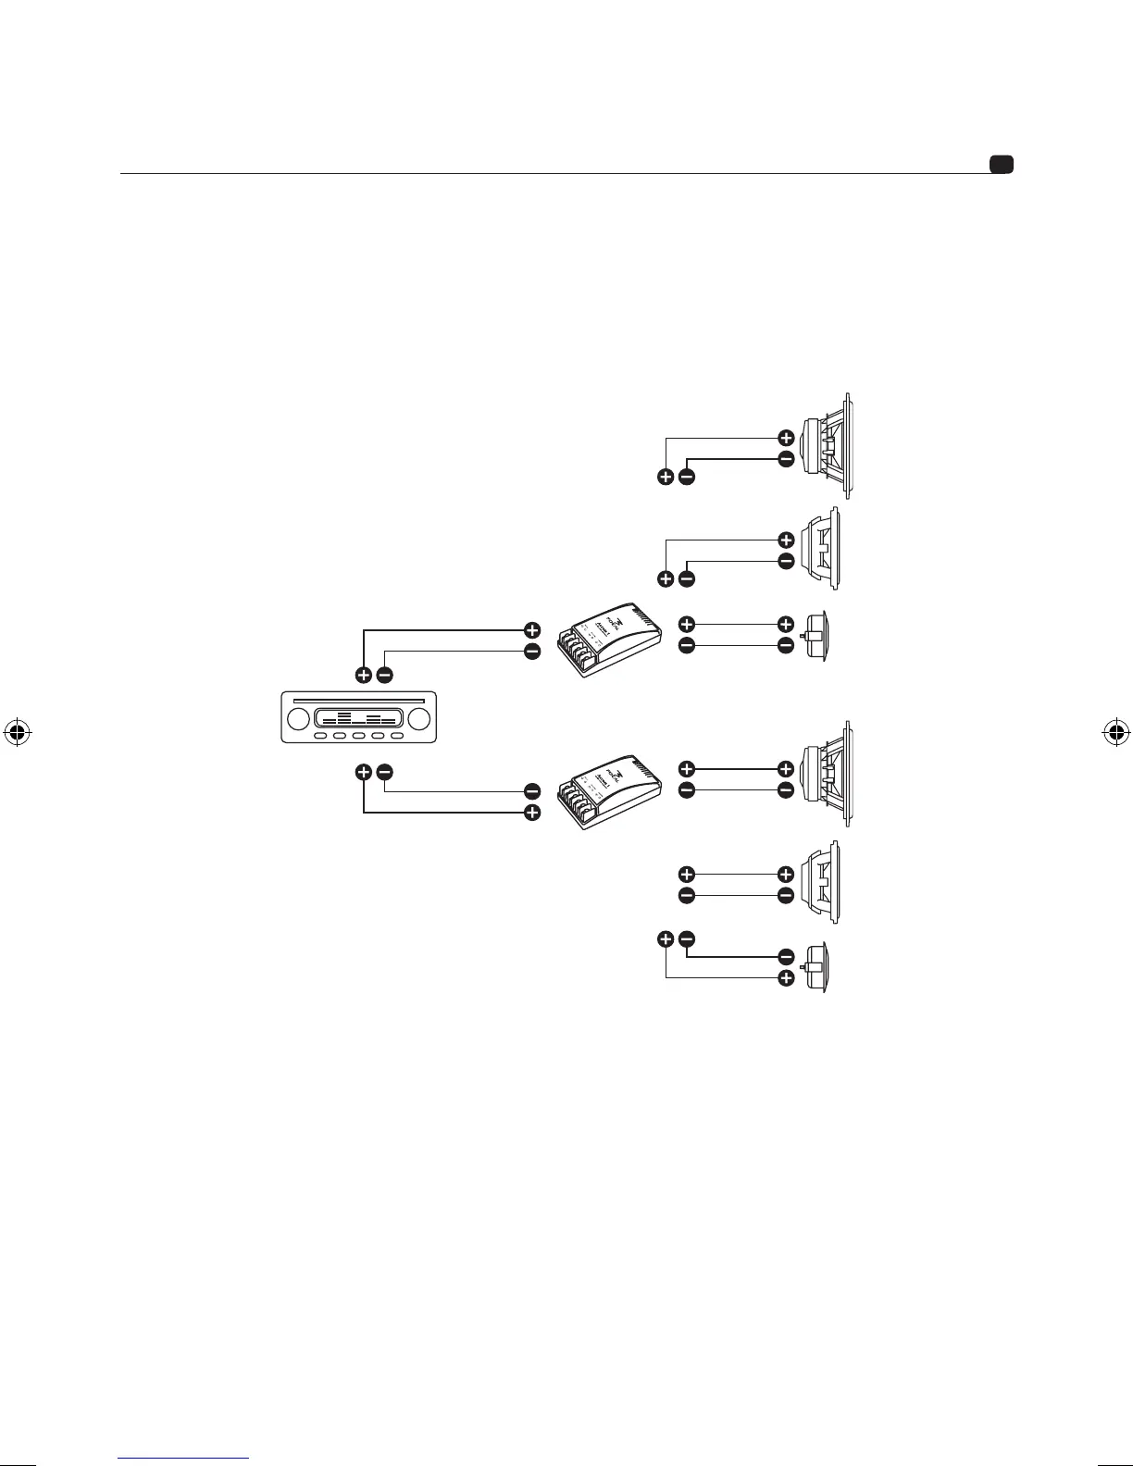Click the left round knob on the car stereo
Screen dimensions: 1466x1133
pyautogui.click(x=299, y=719)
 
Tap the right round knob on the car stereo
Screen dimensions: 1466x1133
pyautogui.click(x=418, y=719)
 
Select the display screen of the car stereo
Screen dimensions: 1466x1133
pyautogui.click(x=358, y=718)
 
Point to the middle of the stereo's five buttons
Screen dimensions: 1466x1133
pyautogui.click(x=358, y=737)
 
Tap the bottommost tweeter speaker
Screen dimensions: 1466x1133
pyautogui.click(x=816, y=967)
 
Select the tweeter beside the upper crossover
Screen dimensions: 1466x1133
pyautogui.click(x=816, y=635)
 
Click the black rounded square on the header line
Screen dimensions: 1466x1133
pyautogui.click(x=1001, y=165)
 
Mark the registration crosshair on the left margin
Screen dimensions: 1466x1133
pyautogui.click(x=17, y=733)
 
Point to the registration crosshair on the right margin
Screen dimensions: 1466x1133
pyautogui.click(x=1115, y=733)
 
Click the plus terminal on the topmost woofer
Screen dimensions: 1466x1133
pyautogui.click(x=786, y=438)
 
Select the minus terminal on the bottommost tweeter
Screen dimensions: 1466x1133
pyautogui.click(x=786, y=957)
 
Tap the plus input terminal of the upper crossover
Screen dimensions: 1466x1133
pyautogui.click(x=532, y=629)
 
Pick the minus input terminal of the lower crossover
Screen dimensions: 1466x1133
pyautogui.click(x=532, y=791)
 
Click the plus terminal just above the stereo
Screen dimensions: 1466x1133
pyautogui.click(x=364, y=675)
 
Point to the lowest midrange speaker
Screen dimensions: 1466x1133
pyautogui.click(x=824, y=884)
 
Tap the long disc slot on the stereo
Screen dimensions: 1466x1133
pyautogui.click(x=358, y=701)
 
